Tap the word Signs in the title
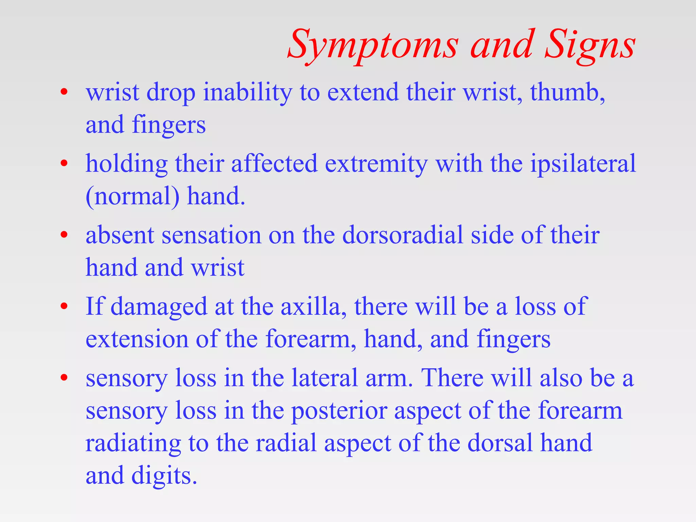590,46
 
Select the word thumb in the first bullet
565,92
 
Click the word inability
247,92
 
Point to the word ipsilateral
583,164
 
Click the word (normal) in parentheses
133,197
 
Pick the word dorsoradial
402,235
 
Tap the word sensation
211,235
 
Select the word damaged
158,307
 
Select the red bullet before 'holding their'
64,164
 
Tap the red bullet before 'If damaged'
64,307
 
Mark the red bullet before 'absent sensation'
64,235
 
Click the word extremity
376,164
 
